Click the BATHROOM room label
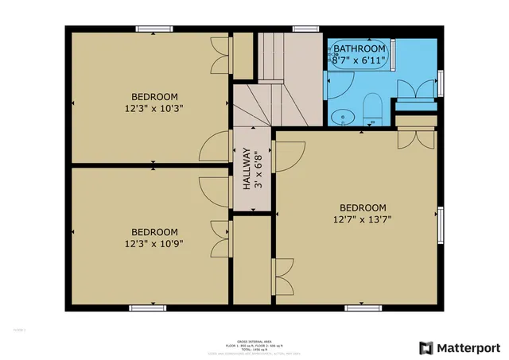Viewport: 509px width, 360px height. click(x=359, y=48)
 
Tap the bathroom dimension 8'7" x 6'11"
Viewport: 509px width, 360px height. click(x=359, y=60)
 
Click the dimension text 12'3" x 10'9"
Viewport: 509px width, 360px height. click(x=154, y=244)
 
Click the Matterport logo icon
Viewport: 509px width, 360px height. click(x=427, y=347)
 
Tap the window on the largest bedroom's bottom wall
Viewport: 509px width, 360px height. click(x=359, y=308)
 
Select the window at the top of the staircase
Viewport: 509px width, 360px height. click(x=302, y=29)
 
